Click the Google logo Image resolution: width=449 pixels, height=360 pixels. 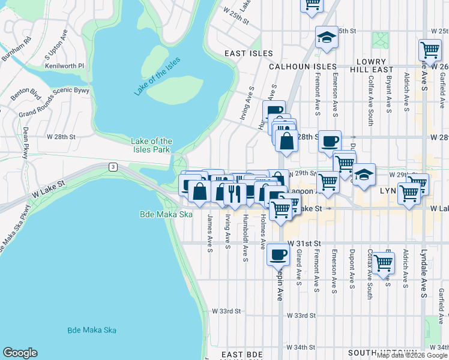coord(20,353)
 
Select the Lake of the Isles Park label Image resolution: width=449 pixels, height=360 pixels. coord(152,145)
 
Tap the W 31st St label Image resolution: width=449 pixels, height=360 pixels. coord(305,243)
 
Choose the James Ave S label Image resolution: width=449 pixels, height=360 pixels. coord(210,233)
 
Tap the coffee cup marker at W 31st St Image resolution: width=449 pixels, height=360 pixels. coord(278,254)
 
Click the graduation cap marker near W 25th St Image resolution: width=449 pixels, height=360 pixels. coord(327,38)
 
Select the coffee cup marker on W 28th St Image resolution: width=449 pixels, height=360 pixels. coord(330,142)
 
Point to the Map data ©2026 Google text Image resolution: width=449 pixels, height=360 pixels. coord(411,355)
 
